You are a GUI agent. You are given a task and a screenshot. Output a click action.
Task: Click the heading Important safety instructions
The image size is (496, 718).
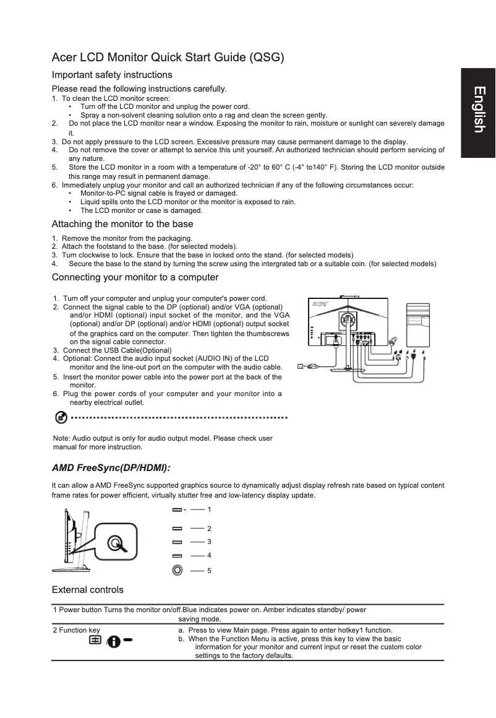(111, 75)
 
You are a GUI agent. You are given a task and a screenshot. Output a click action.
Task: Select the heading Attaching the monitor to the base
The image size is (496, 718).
(122, 224)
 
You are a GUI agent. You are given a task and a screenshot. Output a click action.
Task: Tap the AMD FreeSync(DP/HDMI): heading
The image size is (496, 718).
(111, 467)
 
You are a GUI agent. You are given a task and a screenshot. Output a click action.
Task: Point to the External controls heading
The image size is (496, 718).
(88, 589)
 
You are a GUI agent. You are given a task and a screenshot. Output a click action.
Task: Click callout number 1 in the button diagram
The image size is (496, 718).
(210, 509)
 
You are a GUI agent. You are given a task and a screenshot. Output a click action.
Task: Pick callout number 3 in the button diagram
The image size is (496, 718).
(210, 542)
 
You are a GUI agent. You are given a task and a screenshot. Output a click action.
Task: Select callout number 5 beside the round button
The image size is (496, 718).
(210, 570)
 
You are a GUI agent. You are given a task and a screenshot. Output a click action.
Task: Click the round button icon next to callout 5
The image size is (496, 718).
(177, 569)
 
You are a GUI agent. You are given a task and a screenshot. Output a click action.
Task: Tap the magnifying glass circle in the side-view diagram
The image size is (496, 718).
(115, 543)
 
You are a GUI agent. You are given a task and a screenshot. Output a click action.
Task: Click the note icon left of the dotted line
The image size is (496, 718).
(61, 418)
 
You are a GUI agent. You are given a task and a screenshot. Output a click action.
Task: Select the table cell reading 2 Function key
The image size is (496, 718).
(76, 630)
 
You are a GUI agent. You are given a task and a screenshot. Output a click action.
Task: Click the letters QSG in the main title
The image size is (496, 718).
(267, 58)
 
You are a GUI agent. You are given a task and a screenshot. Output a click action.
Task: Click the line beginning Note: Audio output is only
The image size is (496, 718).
(163, 438)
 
